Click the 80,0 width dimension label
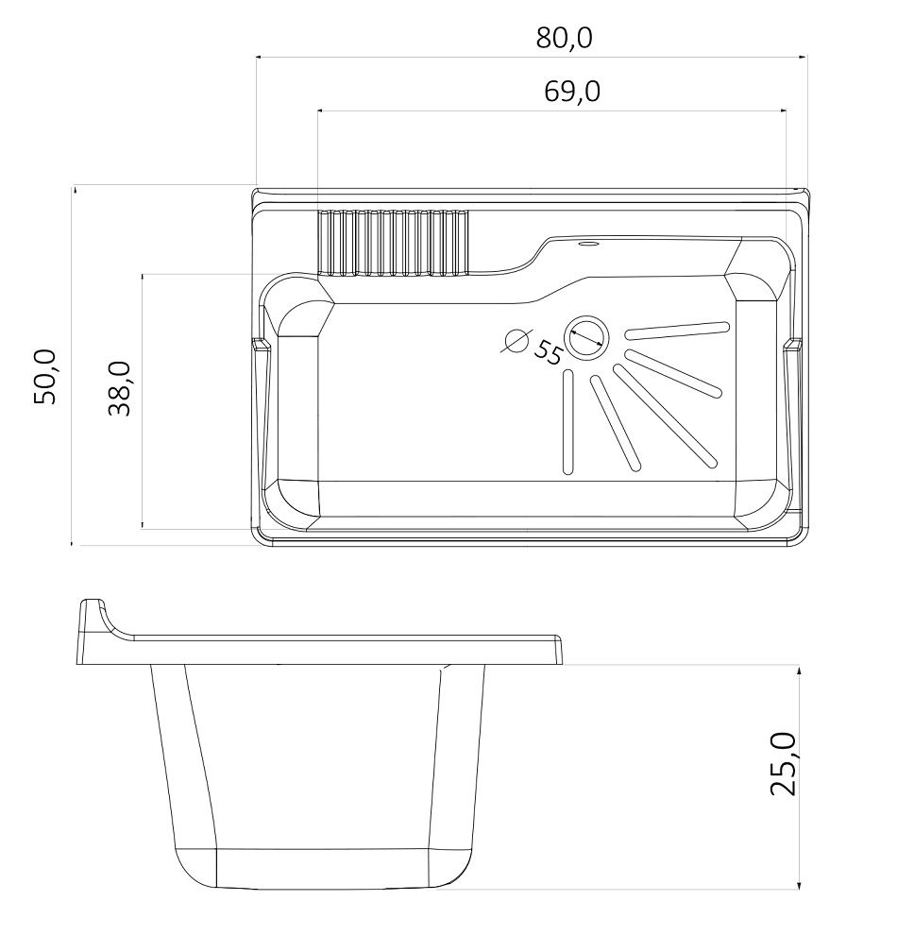pyautogui.click(x=564, y=38)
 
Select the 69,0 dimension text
pyautogui.click(x=572, y=92)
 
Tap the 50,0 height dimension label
pyautogui.click(x=45, y=377)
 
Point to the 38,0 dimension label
pyautogui.click(x=119, y=389)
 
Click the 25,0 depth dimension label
pyautogui.click(x=783, y=765)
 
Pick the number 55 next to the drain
pyautogui.click(x=548, y=352)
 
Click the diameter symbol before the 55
pyautogui.click(x=516, y=341)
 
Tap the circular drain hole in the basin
pyautogui.click(x=586, y=338)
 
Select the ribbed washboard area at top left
pyautogui.click(x=394, y=244)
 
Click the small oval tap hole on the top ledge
pyautogui.click(x=589, y=244)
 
